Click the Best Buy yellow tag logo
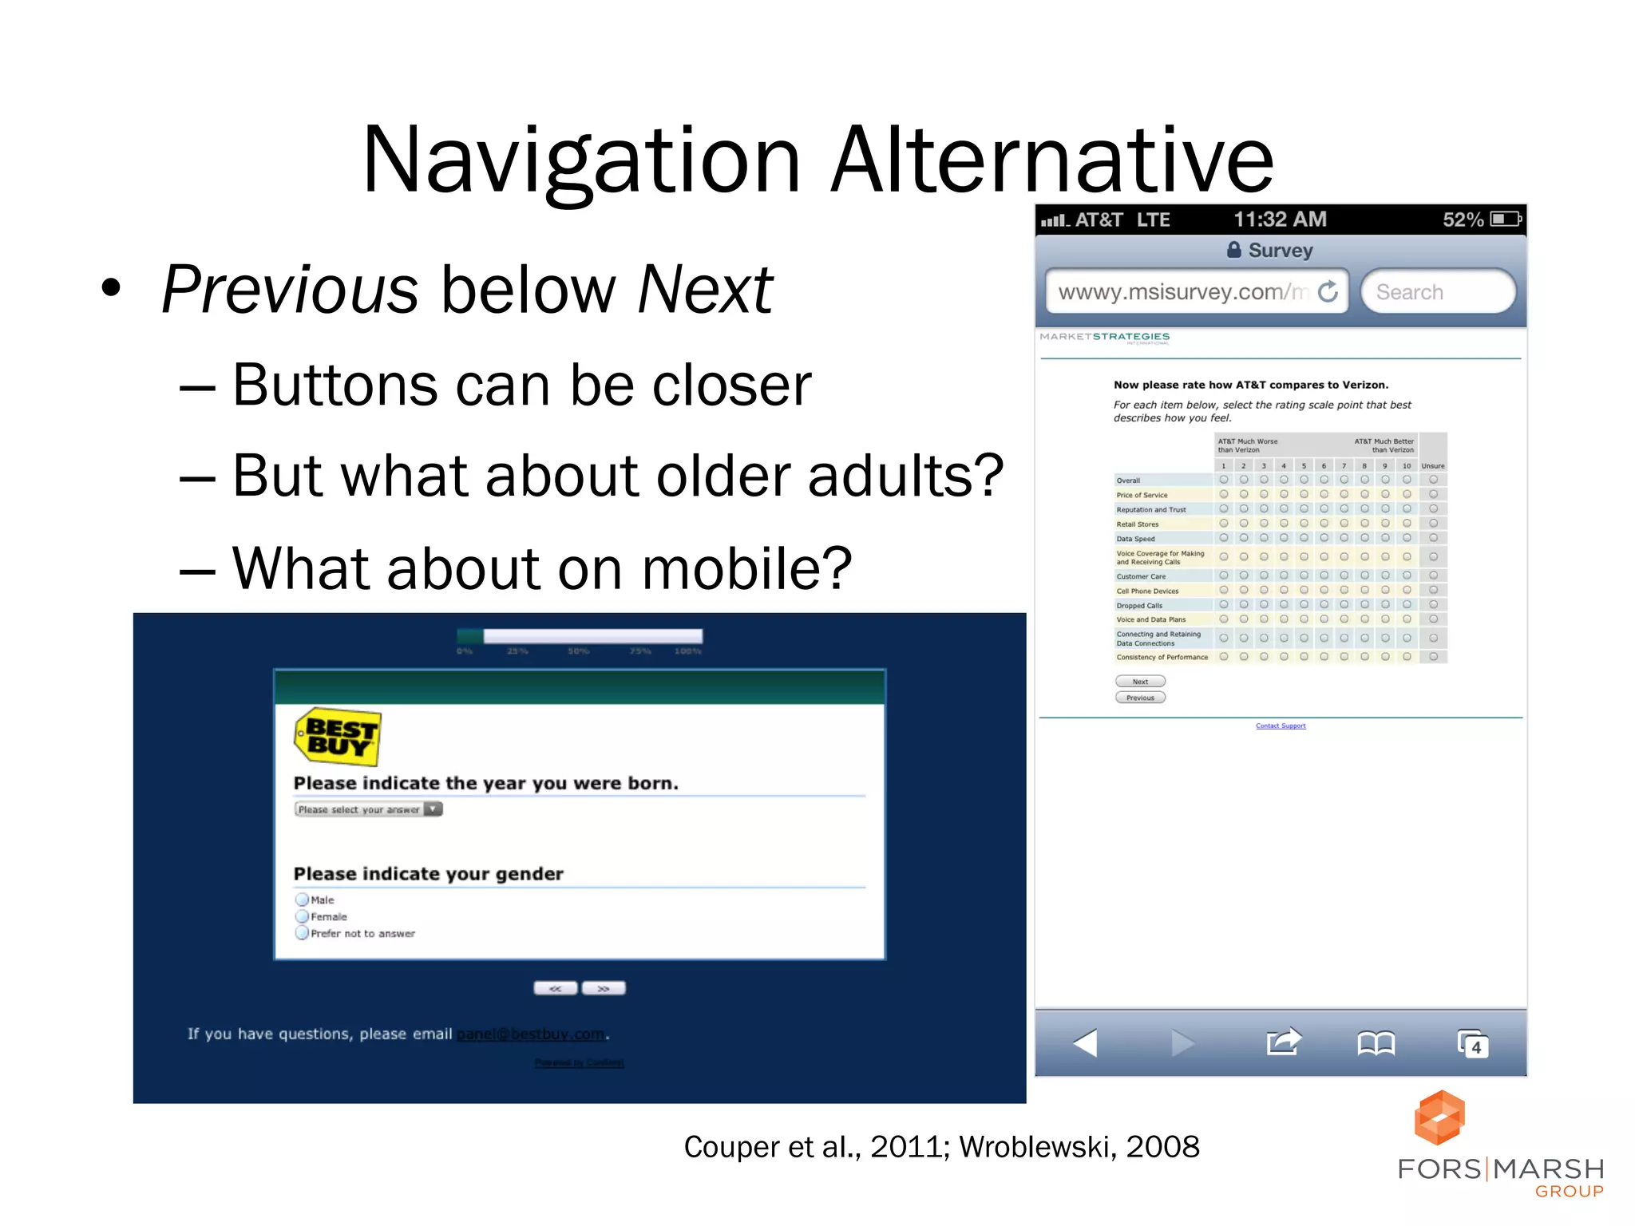click(x=338, y=737)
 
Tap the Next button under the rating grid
click(x=1140, y=682)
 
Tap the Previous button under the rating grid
click(x=1140, y=698)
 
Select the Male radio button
click(x=302, y=900)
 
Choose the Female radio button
click(x=302, y=916)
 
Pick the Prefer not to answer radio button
click(x=302, y=933)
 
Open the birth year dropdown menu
click(x=368, y=809)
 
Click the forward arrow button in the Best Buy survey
click(x=604, y=988)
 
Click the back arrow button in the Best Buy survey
click(x=556, y=988)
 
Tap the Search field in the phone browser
click(x=1437, y=292)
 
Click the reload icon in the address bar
click(x=1328, y=292)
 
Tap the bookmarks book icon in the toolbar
click(x=1376, y=1043)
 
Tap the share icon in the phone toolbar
click(x=1283, y=1042)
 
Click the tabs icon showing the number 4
click(x=1472, y=1044)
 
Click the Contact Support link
click(x=1281, y=726)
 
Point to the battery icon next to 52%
click(x=1506, y=219)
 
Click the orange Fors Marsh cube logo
click(x=1439, y=1117)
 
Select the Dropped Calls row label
click(x=1139, y=606)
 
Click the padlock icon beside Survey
click(x=1233, y=250)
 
